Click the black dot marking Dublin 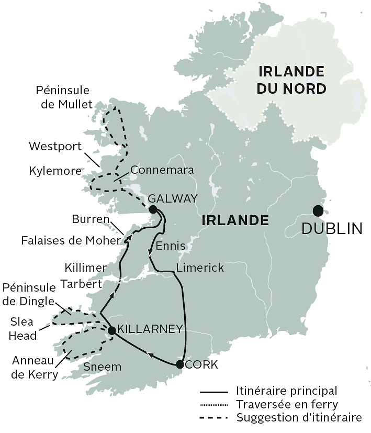tap(318, 211)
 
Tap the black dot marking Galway tap(153, 209)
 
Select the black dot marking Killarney tap(111, 330)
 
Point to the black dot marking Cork tap(179, 364)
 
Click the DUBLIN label tap(332, 229)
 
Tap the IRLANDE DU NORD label tap(291, 80)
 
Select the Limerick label tap(200, 268)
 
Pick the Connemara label tap(162, 170)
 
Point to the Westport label tap(55, 146)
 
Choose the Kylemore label tap(55, 171)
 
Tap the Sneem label tap(103, 367)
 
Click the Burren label tap(91, 218)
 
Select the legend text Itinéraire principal tap(286, 391)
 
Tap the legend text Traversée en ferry tap(287, 404)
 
